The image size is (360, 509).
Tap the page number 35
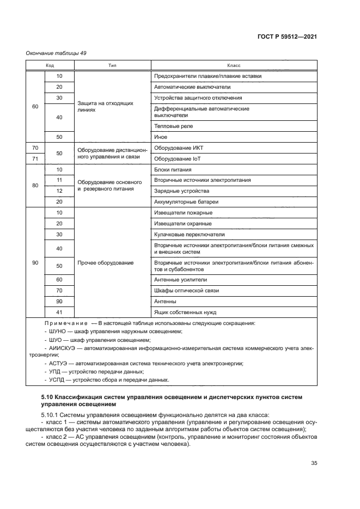click(x=314, y=463)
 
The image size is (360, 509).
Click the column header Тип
click(x=112, y=65)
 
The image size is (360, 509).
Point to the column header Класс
click(x=234, y=65)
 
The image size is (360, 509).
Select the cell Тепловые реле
click(x=174, y=126)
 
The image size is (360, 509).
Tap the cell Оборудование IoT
click(x=178, y=158)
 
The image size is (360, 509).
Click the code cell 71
click(x=35, y=158)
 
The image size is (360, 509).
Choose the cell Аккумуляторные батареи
click(x=186, y=202)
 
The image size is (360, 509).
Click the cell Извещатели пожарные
click(x=184, y=213)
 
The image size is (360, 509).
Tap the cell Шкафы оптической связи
click(x=187, y=291)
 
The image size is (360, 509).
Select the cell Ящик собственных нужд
click(x=185, y=312)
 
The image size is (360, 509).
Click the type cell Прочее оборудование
click(x=106, y=263)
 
